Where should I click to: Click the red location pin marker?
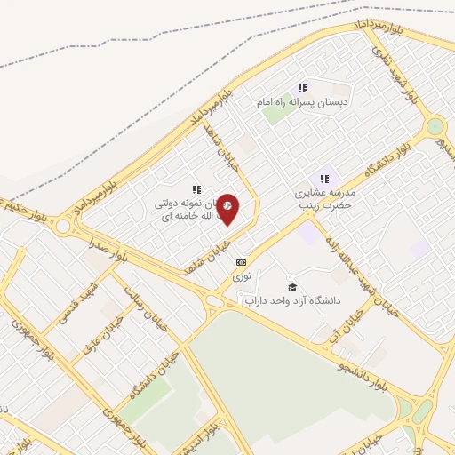coord(228,208)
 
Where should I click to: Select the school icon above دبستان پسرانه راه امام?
coord(302,88)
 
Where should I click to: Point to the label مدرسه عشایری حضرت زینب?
coord(323,198)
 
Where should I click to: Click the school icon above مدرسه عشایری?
coord(324,179)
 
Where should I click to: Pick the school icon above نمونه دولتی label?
coord(196,189)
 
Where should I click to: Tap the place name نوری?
coord(241,277)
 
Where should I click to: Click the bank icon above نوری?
coord(241,263)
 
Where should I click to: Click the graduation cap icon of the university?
coord(292,287)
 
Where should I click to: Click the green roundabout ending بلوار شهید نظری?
coord(435,126)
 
